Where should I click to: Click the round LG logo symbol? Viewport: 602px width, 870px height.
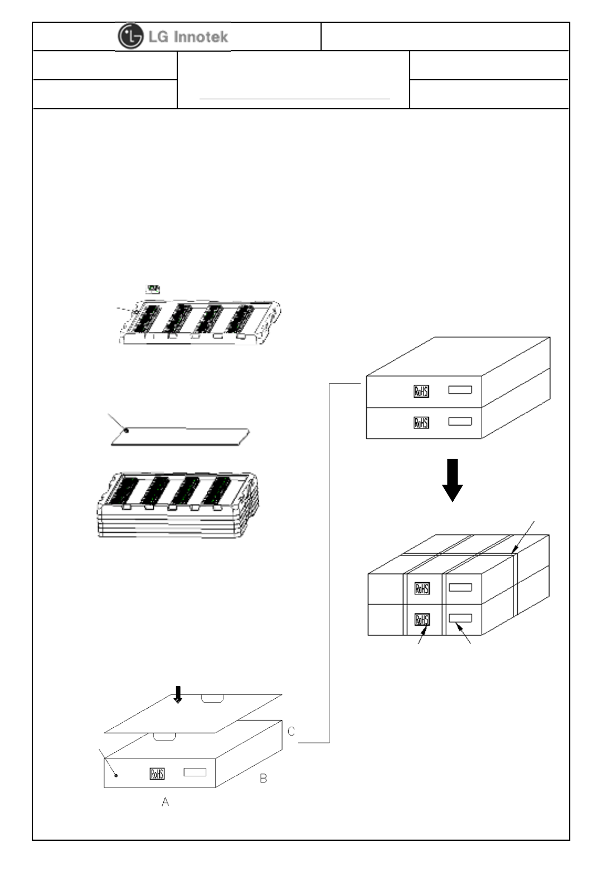tap(130, 37)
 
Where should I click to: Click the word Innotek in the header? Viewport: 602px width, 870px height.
tap(201, 37)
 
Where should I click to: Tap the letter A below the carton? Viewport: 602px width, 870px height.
tap(165, 801)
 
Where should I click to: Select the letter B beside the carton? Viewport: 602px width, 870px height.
tap(263, 778)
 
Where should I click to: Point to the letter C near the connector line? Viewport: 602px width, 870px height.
tap(291, 731)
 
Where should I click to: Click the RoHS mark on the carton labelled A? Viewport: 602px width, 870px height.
tap(157, 774)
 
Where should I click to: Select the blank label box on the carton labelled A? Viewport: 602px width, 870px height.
tap(195, 772)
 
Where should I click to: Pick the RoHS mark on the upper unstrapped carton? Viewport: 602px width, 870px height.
tap(421, 391)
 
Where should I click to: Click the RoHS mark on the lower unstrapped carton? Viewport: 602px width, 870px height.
tap(421, 423)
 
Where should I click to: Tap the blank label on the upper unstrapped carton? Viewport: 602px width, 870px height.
tap(460, 390)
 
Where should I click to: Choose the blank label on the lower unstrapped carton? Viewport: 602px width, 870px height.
tap(460, 422)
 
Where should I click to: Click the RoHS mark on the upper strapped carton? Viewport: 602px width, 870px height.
tap(422, 588)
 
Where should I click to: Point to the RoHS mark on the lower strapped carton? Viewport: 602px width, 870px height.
tap(422, 620)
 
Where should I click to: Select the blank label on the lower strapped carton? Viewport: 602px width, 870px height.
tap(460, 618)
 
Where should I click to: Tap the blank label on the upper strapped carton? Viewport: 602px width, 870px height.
tap(460, 587)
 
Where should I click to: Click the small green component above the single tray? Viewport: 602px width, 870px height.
tap(153, 289)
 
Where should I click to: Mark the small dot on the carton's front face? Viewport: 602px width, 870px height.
tap(116, 775)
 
